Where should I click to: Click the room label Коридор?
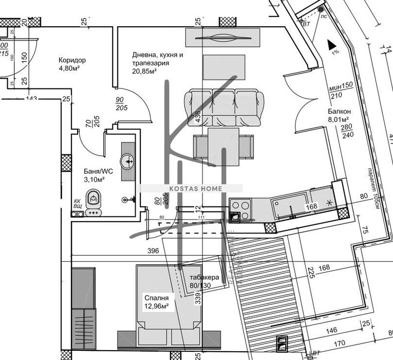(x=72, y=60)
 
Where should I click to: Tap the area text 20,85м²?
(x=144, y=71)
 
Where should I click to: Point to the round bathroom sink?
(x=127, y=161)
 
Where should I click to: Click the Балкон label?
(x=340, y=112)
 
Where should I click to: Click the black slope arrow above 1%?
(x=332, y=45)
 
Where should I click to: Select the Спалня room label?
(x=156, y=298)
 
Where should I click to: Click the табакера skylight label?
(x=204, y=277)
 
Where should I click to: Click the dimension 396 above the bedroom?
(x=152, y=251)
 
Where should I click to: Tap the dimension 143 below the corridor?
(x=32, y=99)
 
